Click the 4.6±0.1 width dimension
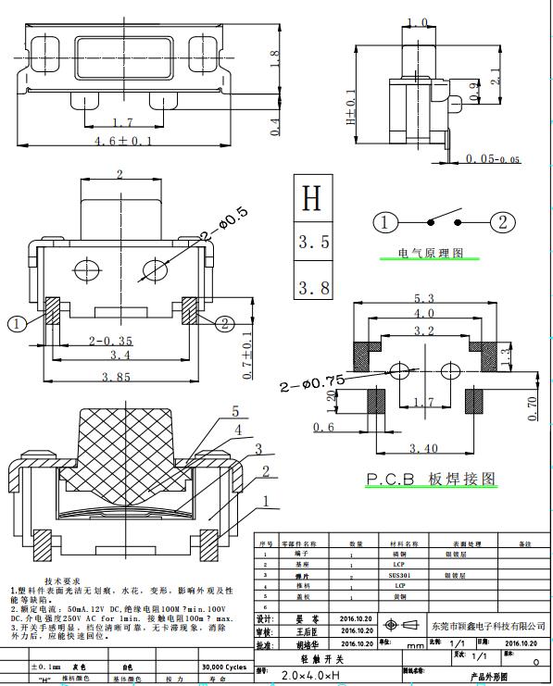point(123,141)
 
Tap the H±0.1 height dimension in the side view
point(350,106)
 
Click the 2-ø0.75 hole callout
point(310,380)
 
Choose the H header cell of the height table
point(312,197)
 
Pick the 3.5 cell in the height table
point(312,243)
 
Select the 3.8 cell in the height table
point(312,287)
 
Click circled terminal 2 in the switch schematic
point(502,222)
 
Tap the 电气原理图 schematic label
point(430,253)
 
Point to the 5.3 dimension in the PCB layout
point(425,298)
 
